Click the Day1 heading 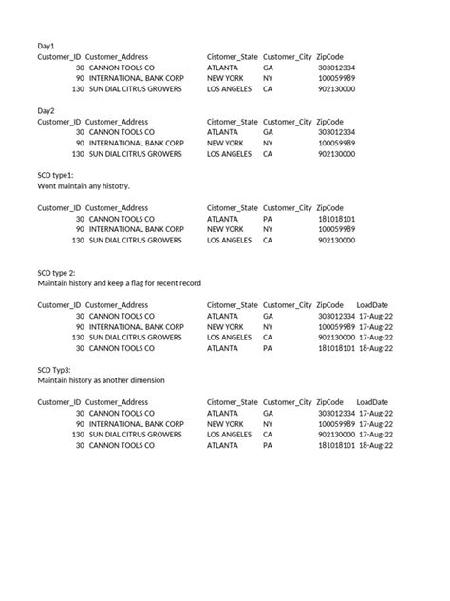click(47, 46)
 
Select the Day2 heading click(47, 111)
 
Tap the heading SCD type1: click(62, 176)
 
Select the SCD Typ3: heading click(60, 369)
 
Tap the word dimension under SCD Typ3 click(143, 380)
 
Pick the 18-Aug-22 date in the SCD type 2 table click(375, 348)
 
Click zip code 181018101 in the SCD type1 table click(336, 219)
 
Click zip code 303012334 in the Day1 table click(336, 68)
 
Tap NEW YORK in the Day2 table click(226, 144)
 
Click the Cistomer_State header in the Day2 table click(233, 122)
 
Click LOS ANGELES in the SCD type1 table click(230, 241)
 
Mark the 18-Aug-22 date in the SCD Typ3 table click(375, 445)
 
